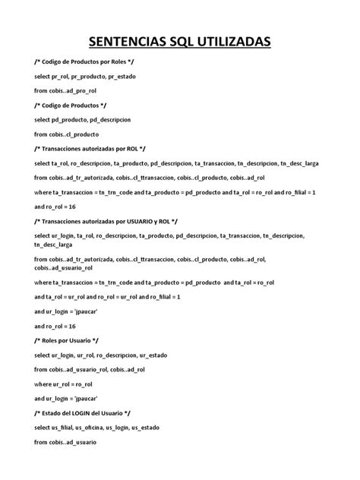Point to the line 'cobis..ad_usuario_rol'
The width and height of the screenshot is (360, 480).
(x=63, y=267)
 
